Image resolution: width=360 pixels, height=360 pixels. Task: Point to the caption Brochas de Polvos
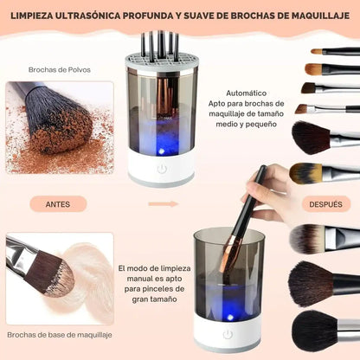[x=54, y=69]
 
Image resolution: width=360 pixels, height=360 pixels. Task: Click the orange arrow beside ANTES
[x=157, y=205]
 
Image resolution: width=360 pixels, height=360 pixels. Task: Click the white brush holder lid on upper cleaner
[x=159, y=63]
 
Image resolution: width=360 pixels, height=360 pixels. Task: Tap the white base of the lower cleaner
[x=228, y=334]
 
